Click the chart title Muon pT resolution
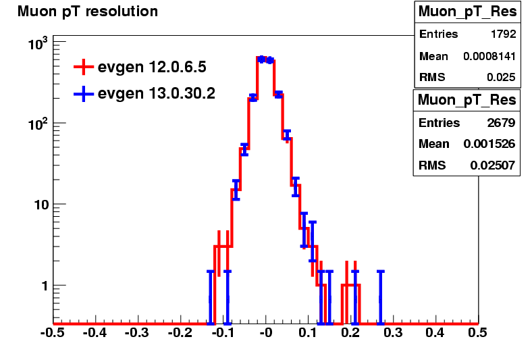(88, 11)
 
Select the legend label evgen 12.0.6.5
(152, 67)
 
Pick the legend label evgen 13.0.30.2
(157, 93)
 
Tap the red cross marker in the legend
(84, 67)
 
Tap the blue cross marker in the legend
(84, 93)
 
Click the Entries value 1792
(504, 34)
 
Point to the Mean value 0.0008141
(489, 56)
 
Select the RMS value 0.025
(502, 78)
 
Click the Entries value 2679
(502, 122)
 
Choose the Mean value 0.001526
(489, 144)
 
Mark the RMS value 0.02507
(493, 165)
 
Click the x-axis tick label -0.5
(52, 333)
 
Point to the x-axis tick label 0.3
(393, 333)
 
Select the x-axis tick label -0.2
(180, 333)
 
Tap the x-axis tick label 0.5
(477, 333)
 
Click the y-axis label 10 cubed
(38, 44)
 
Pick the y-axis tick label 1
(45, 286)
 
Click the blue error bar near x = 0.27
(381, 297)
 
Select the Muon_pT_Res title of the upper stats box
(468, 11)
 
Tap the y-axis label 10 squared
(38, 124)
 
